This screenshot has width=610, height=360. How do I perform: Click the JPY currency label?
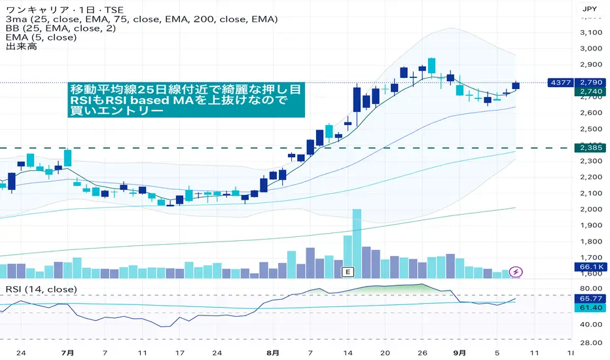point(588,9)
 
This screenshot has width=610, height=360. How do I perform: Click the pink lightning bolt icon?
point(516,271)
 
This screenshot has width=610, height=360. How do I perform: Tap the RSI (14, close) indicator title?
point(41,289)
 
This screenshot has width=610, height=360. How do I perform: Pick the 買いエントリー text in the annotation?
point(117,111)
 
